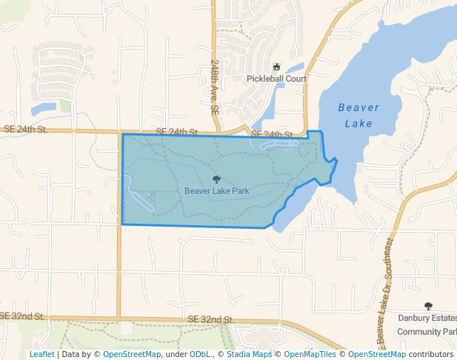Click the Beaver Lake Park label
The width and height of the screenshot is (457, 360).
click(x=216, y=191)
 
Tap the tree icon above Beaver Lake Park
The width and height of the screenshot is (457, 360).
click(x=216, y=179)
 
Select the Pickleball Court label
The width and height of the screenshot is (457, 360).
click(x=276, y=79)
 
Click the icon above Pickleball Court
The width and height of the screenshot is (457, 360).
click(x=277, y=67)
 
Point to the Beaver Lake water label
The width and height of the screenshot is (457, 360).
click(x=358, y=115)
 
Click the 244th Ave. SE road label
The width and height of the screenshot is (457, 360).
click(x=214, y=86)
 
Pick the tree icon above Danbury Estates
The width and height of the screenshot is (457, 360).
click(x=427, y=306)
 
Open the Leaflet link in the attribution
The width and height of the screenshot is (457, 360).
click(x=41, y=355)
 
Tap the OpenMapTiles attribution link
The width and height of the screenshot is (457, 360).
click(x=310, y=355)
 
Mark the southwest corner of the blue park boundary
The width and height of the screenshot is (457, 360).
click(x=122, y=224)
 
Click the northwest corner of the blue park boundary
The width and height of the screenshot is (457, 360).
click(x=122, y=134)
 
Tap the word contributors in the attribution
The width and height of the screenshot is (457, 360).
click(x=430, y=355)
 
